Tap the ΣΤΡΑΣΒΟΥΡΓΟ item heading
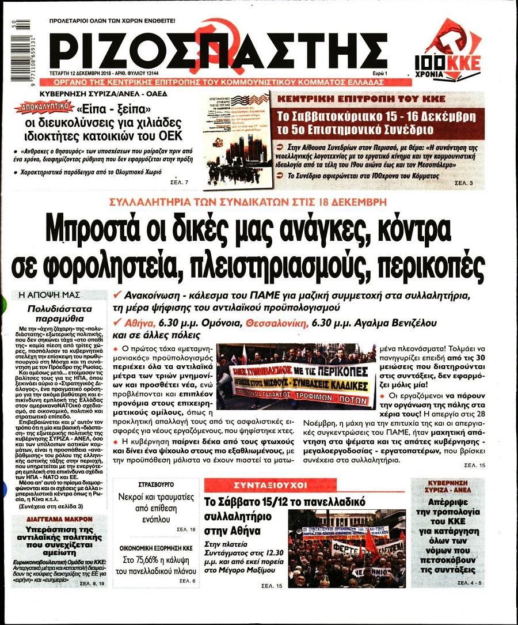tap(157, 484)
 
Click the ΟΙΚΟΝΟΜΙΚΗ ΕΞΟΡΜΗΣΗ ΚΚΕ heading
tap(157, 549)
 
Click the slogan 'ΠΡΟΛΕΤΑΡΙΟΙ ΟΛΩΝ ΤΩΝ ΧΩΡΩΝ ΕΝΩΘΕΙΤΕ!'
tap(113, 21)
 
